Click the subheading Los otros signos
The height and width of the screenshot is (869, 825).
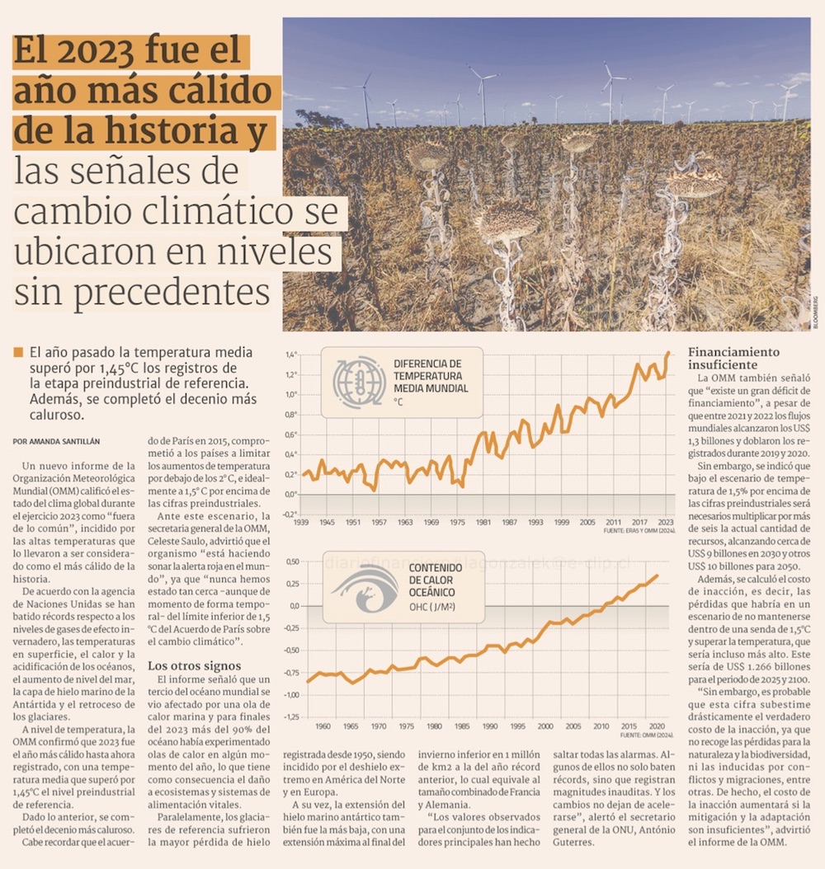click(x=194, y=665)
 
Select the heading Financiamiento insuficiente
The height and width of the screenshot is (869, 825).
click(x=734, y=358)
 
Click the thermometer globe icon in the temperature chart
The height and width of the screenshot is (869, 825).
click(x=359, y=383)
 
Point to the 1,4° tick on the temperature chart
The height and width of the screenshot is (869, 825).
click(x=290, y=355)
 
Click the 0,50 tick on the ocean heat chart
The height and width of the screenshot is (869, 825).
click(x=290, y=561)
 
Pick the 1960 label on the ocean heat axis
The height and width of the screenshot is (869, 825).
click(x=323, y=726)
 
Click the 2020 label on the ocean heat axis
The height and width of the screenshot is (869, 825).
click(x=657, y=726)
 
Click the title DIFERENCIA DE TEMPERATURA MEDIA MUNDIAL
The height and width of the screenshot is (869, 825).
click(x=427, y=376)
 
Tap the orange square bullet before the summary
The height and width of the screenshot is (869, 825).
click(x=18, y=352)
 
